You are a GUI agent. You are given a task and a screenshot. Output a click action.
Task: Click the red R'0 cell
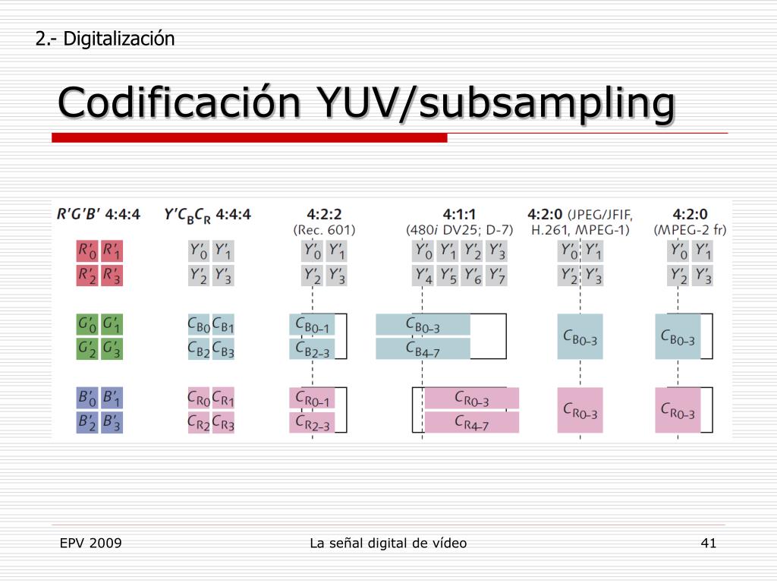(x=88, y=251)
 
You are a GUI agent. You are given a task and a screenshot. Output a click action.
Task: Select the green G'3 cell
(x=112, y=349)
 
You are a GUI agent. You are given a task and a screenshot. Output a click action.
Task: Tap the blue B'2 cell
(x=88, y=422)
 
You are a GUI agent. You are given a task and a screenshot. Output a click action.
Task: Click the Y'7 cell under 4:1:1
(x=497, y=275)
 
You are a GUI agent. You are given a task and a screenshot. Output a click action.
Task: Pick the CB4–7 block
(x=423, y=348)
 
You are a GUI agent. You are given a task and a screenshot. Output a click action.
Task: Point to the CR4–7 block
(x=471, y=422)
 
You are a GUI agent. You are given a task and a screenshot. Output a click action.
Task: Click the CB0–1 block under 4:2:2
(x=312, y=324)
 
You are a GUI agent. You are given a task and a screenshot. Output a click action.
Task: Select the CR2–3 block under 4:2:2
(x=312, y=422)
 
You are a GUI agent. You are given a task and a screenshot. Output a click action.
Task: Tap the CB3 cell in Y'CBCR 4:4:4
(x=222, y=349)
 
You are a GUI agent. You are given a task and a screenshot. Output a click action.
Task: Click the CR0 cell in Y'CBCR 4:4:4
(x=198, y=398)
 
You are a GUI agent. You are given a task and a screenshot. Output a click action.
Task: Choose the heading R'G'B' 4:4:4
(x=99, y=214)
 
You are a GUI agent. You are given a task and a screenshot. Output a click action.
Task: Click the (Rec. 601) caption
(x=324, y=229)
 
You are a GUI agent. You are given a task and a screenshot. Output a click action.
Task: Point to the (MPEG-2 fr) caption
(x=690, y=229)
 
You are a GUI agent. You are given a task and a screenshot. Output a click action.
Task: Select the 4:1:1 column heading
(x=459, y=214)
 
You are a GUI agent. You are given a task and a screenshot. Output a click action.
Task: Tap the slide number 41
(x=709, y=543)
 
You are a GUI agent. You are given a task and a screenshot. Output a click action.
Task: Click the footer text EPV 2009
(x=91, y=543)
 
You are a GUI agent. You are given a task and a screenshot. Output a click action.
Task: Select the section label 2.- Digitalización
(x=105, y=38)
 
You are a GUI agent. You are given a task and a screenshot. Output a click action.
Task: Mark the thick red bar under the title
(x=250, y=138)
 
